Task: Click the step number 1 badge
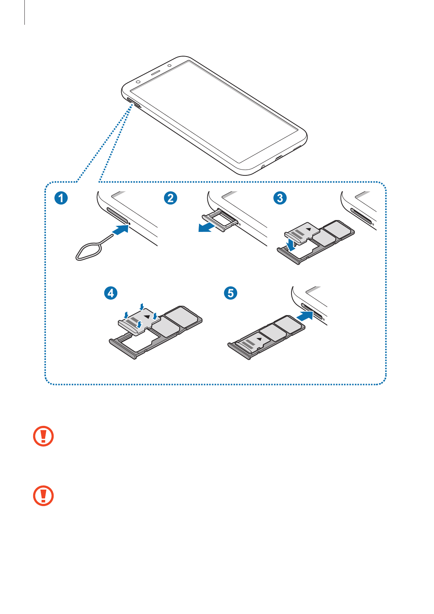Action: (61, 198)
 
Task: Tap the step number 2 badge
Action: (170, 198)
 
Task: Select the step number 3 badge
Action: (280, 198)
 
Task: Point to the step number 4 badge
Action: (111, 293)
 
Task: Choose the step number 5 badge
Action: (231, 293)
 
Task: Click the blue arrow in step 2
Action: (206, 228)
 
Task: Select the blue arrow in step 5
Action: (305, 316)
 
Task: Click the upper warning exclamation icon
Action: (43, 436)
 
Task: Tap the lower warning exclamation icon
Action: (43, 496)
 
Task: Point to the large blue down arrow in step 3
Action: (291, 244)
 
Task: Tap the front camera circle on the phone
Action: (138, 82)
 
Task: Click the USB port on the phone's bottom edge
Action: (279, 158)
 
